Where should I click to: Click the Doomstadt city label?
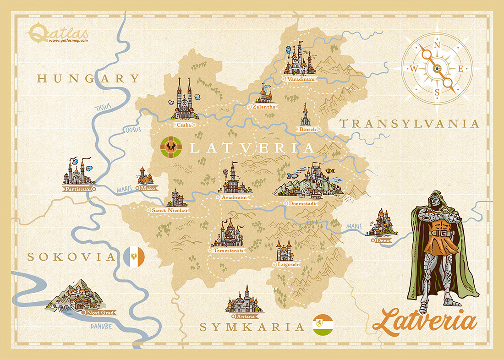click(x=303, y=203)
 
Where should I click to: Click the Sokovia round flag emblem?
click(x=134, y=256)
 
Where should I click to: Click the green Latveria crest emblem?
click(x=171, y=147)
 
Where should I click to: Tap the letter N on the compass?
click(x=437, y=45)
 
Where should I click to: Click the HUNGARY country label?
click(x=88, y=79)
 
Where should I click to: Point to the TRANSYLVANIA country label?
click(x=409, y=124)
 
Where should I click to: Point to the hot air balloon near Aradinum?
click(x=225, y=173)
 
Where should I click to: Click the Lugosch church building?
click(x=285, y=251)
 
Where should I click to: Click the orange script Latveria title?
click(x=424, y=321)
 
